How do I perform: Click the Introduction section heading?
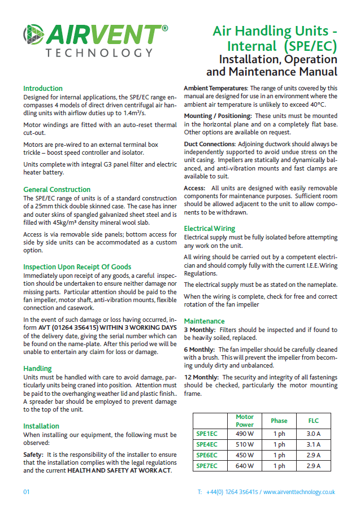[x=43, y=89]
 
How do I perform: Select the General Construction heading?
[x=57, y=190]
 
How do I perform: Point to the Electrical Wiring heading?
[x=210, y=229]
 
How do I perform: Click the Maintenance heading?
[x=204, y=321]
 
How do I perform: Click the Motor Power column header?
[x=245, y=421]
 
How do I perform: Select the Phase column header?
[x=279, y=421]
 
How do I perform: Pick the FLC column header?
[x=313, y=421]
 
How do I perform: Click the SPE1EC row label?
[x=206, y=434]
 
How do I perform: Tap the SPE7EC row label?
[x=206, y=466]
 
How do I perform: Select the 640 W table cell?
[x=245, y=466]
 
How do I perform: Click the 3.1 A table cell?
[x=313, y=444]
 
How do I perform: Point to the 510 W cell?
[x=245, y=444]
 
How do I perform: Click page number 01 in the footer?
[x=27, y=492]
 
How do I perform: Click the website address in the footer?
[x=299, y=492]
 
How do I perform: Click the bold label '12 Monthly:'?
[x=202, y=377]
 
